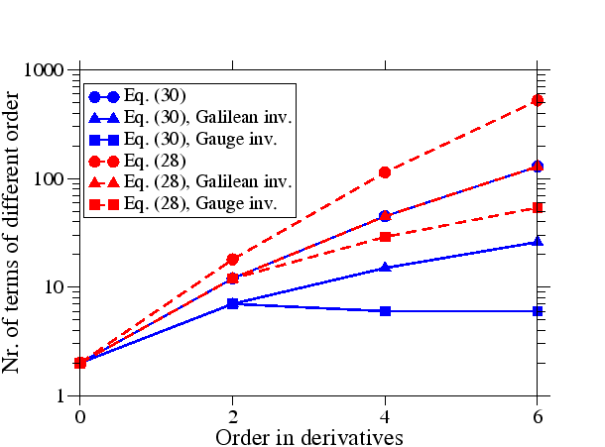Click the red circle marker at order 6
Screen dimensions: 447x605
point(538,100)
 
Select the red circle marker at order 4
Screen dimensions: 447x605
point(385,172)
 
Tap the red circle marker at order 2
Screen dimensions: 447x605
point(232,260)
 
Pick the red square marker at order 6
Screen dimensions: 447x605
point(538,208)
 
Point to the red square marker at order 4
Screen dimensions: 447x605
point(385,237)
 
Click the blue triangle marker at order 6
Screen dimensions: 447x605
point(538,242)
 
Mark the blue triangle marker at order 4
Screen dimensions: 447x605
point(385,268)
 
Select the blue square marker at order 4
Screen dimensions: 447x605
point(385,311)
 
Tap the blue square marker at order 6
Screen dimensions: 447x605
point(538,311)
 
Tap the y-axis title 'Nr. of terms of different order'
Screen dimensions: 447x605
point(14,233)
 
